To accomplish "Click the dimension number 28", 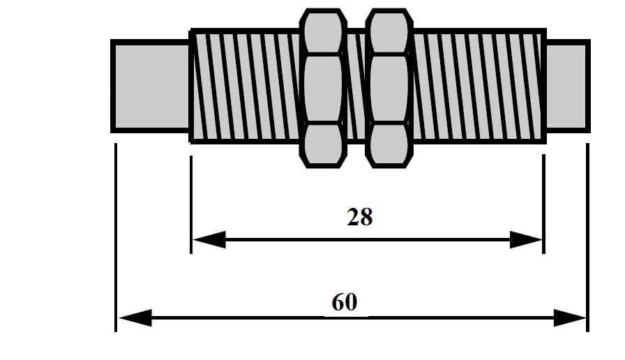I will [360, 217].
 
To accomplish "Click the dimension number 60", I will [345, 302].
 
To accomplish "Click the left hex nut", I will [323, 89].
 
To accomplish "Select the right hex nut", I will [389, 89].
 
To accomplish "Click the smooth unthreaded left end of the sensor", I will [150, 86].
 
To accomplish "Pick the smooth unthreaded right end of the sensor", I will [567, 86].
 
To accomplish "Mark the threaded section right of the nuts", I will [479, 86].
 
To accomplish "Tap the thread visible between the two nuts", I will [356, 86].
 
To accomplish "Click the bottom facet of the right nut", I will [389, 145].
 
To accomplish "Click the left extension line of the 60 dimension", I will [116, 237].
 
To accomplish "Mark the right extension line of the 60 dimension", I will [588, 237].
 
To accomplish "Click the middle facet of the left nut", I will [323, 89].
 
